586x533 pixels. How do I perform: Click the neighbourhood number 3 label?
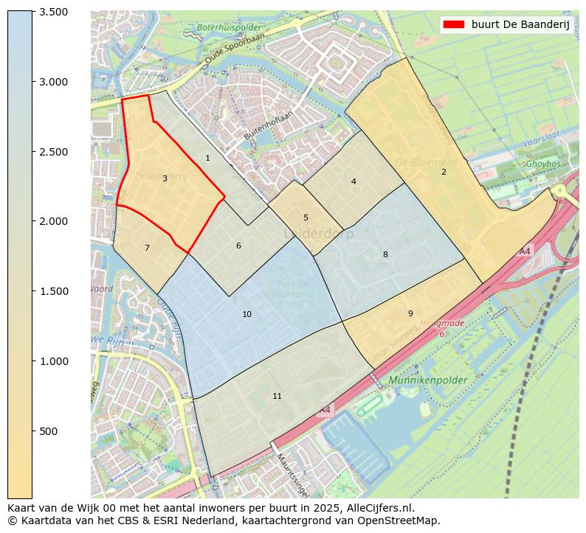[x=165, y=178]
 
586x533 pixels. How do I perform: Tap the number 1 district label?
[x=207, y=158]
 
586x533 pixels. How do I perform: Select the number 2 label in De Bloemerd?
[x=444, y=172]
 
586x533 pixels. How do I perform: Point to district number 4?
[x=354, y=181]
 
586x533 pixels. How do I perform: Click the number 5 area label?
[x=306, y=217]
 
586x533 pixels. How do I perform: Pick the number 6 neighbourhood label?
[x=238, y=245]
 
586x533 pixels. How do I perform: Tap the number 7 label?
[x=147, y=248]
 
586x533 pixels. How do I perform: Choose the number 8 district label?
[x=385, y=254]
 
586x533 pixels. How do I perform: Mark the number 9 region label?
[x=410, y=313]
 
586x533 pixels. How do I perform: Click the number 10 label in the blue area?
[x=247, y=314]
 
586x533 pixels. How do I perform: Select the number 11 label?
[x=277, y=396]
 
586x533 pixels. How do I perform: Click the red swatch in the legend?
[x=453, y=24]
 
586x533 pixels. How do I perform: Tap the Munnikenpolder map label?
[x=427, y=380]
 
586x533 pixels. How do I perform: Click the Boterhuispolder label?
[x=224, y=28]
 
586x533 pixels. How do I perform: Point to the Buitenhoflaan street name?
[x=269, y=125]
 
